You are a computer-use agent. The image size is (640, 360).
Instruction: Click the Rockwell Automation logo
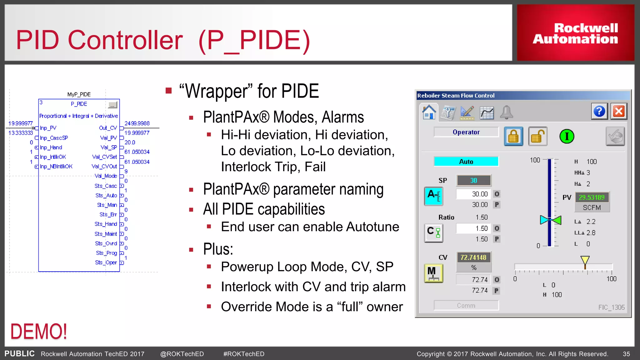tap(575, 33)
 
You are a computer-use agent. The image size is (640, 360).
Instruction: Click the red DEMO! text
tap(39, 332)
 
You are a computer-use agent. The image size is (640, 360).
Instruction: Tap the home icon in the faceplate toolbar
tap(429, 112)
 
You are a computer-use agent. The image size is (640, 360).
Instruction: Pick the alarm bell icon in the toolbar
tap(506, 112)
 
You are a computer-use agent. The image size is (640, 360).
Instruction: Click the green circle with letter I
tap(567, 137)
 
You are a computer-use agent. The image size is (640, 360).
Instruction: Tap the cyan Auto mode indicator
tap(466, 162)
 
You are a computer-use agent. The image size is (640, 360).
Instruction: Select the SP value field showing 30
tap(473, 181)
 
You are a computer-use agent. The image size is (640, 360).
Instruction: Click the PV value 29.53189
tap(592, 197)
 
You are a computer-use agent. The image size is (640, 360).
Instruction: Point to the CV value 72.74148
tap(473, 257)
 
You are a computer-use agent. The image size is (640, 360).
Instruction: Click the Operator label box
tap(466, 132)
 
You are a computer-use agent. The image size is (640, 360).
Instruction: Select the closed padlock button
tap(513, 137)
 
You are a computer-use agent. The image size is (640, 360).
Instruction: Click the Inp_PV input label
tap(48, 128)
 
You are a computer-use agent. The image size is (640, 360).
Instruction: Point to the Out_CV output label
tap(108, 128)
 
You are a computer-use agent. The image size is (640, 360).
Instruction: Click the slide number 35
tap(626, 354)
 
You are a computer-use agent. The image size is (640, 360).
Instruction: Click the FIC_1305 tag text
tap(611, 307)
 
